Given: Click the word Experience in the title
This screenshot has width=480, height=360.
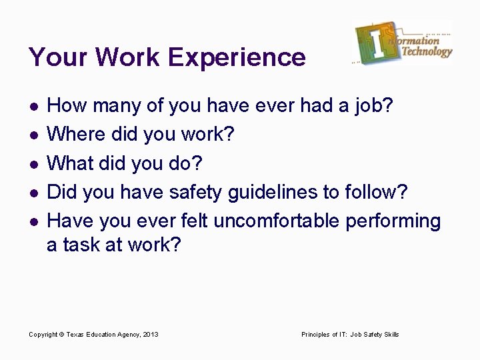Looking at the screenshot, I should point(238,58).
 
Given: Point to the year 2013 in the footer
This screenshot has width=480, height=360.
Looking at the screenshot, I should point(151,334).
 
